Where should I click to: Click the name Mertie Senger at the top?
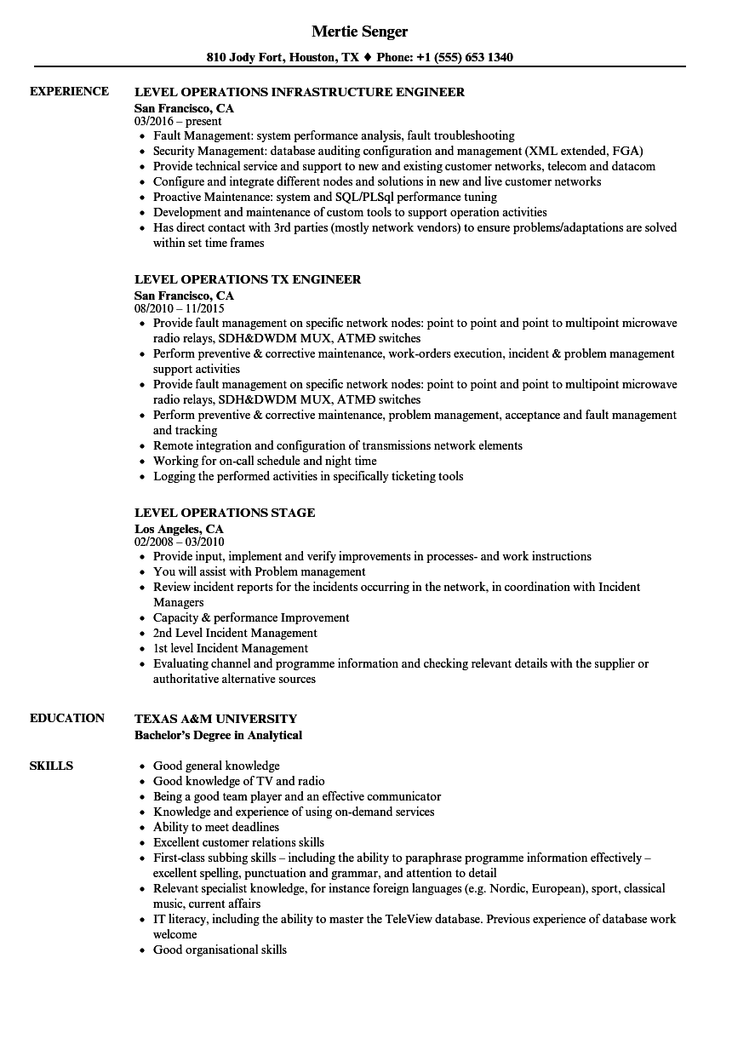pyautogui.click(x=360, y=32)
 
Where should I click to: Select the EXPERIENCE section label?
pyautogui.click(x=69, y=91)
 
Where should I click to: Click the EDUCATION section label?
pyautogui.click(x=67, y=718)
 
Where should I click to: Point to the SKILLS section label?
pyautogui.click(x=51, y=766)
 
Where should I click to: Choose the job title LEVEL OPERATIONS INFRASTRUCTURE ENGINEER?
pyautogui.click(x=300, y=92)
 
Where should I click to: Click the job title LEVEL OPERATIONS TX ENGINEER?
pyautogui.click(x=248, y=279)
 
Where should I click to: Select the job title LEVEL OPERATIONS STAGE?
pyautogui.click(x=225, y=513)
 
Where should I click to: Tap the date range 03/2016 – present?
pyautogui.click(x=178, y=121)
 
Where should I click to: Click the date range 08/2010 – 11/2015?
pyautogui.click(x=180, y=308)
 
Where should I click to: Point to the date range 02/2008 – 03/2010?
pyautogui.click(x=180, y=542)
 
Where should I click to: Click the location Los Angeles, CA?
pyautogui.click(x=179, y=529)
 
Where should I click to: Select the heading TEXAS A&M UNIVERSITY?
pyautogui.click(x=216, y=719)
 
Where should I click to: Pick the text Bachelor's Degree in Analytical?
pyautogui.click(x=218, y=735)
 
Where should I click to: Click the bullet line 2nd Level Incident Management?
pyautogui.click(x=235, y=633)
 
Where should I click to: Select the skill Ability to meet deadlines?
pyautogui.click(x=216, y=827)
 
